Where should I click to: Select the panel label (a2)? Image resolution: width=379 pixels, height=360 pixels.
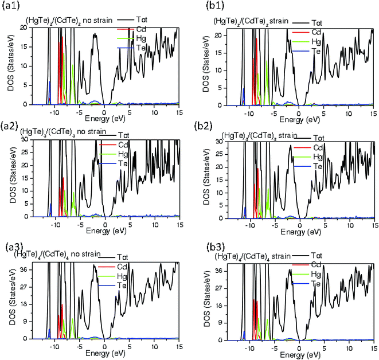[11, 125]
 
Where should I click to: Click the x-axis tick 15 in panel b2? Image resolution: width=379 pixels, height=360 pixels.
[373, 227]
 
